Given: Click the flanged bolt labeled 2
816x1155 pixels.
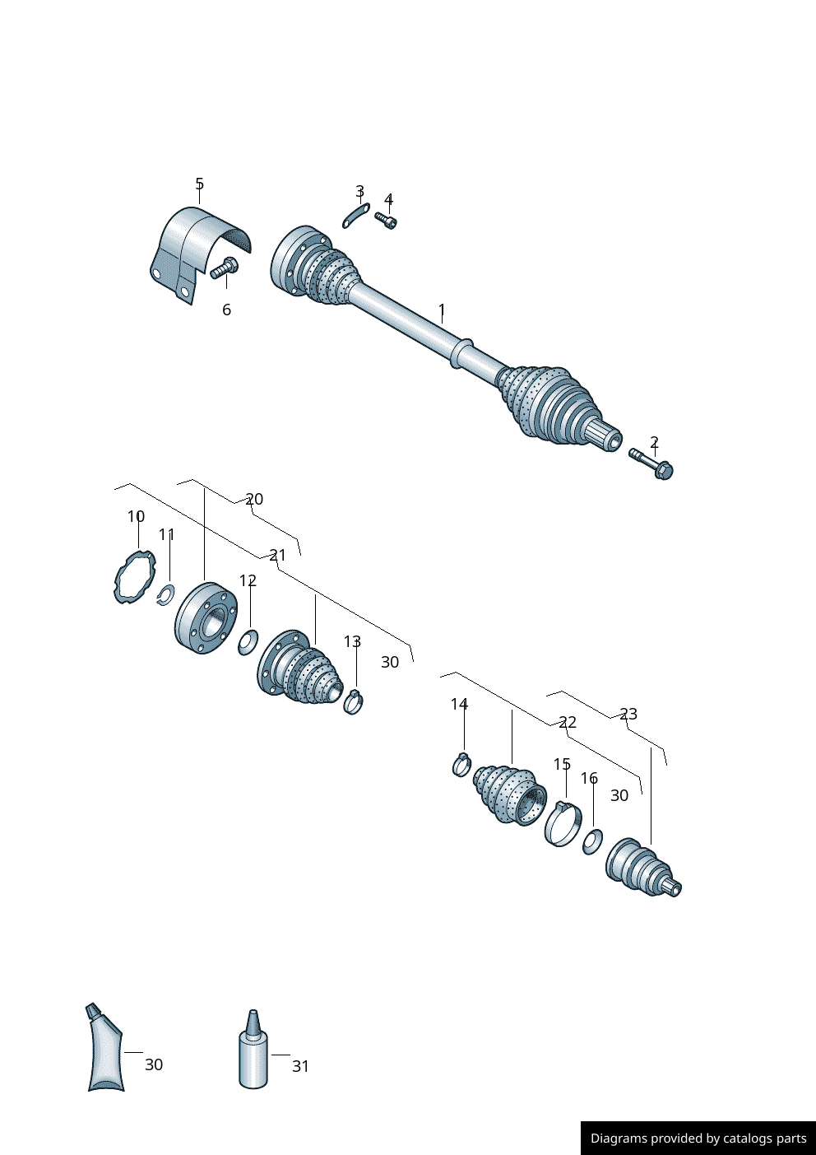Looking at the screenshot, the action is click(651, 463).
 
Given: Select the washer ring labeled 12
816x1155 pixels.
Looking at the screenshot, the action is click(248, 642).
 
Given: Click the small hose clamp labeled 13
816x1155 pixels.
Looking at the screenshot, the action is click(354, 701).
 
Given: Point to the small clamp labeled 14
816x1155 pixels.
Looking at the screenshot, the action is click(461, 764).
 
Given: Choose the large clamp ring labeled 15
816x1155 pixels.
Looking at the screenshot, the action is click(563, 823).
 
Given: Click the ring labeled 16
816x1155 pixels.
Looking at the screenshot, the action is click(592, 841).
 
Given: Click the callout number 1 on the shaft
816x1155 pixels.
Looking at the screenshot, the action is click(442, 310).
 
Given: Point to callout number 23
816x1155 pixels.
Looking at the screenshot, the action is click(628, 714).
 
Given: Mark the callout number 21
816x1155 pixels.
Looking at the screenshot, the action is click(278, 556).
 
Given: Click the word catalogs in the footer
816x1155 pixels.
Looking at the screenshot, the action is click(747, 1138).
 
